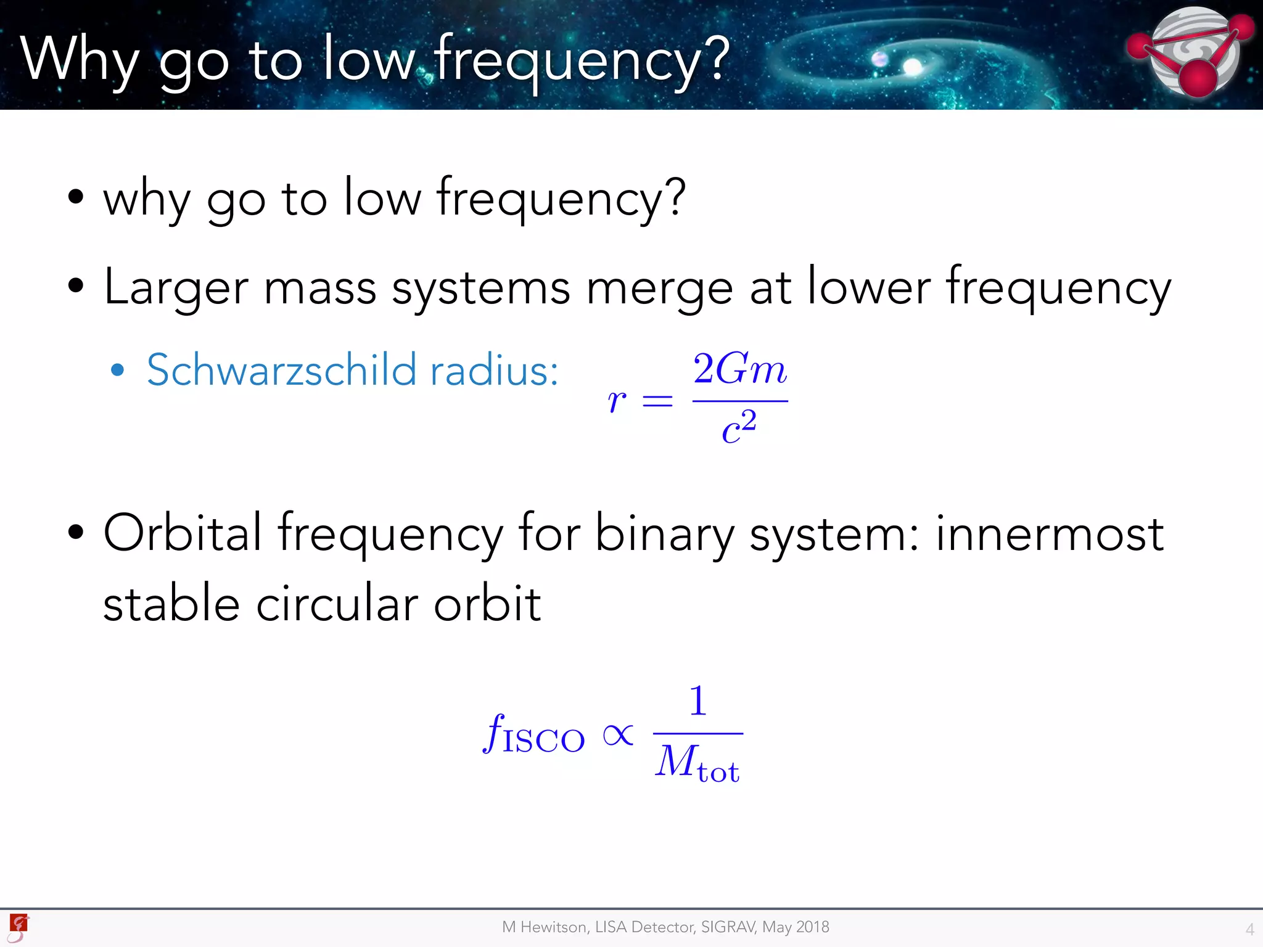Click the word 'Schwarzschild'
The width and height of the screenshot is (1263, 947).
tap(281, 370)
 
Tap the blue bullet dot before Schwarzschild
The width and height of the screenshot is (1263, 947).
tap(117, 371)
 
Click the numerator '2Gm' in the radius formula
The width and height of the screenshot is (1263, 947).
tap(739, 369)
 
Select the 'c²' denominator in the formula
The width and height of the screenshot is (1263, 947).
tap(739, 427)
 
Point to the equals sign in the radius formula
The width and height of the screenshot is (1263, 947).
tap(657, 402)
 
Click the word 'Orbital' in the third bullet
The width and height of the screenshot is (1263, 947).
tap(183, 533)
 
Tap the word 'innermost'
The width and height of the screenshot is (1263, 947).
tap(1049, 533)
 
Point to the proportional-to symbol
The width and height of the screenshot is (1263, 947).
tap(618, 735)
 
